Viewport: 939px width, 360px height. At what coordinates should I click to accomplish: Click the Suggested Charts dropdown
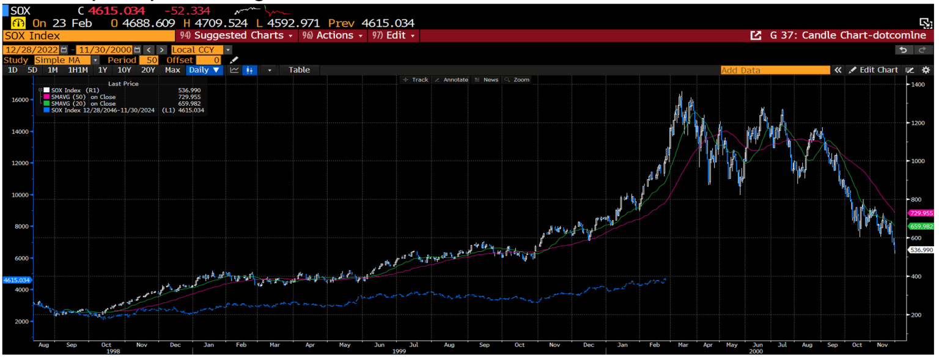pos(236,35)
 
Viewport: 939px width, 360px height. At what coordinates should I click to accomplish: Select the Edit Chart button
pos(874,70)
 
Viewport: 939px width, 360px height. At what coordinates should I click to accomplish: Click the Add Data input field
pos(775,70)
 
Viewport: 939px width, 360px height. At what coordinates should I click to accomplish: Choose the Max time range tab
pos(172,70)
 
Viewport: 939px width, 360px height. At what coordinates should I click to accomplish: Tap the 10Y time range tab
pos(124,70)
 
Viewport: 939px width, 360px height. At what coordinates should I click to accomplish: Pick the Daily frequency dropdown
pos(204,70)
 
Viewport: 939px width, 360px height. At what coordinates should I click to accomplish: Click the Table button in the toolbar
pos(299,70)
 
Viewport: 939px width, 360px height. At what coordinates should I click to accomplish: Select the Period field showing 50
pos(149,60)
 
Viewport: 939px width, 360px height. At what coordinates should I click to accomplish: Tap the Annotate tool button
pos(452,80)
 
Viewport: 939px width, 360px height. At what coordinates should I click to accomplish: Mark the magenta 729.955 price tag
pos(921,213)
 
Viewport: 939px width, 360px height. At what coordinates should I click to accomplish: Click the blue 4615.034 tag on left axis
pos(17,280)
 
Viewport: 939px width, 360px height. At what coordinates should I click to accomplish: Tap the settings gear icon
pos(926,70)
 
